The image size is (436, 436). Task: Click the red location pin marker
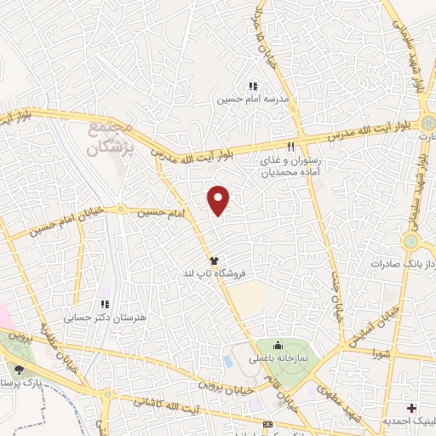pyautogui.click(x=219, y=200)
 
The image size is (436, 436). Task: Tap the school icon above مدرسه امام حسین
pyautogui.click(x=252, y=86)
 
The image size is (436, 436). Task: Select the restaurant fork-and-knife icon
pyautogui.click(x=290, y=144)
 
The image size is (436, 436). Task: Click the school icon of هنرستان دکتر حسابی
pyautogui.click(x=104, y=303)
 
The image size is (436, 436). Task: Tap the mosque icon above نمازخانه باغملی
pyautogui.click(x=278, y=346)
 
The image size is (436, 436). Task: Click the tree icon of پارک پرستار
pyautogui.click(x=19, y=370)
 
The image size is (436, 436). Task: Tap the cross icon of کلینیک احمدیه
pyautogui.click(x=413, y=409)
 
